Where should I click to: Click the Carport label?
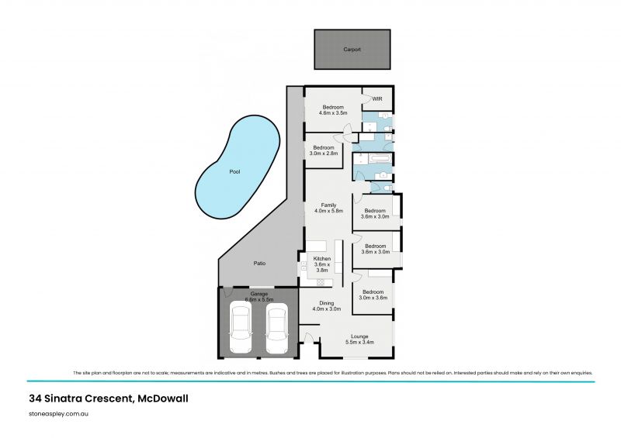click(352, 50)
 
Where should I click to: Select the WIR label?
click(377, 99)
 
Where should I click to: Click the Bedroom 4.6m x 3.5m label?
click(334, 110)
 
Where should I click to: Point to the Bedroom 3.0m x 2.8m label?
click(323, 150)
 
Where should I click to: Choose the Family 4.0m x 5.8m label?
click(328, 208)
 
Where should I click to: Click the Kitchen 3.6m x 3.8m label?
click(321, 265)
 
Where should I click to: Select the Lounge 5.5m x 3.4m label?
click(359, 339)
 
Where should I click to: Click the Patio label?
click(259, 264)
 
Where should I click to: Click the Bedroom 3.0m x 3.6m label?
click(373, 295)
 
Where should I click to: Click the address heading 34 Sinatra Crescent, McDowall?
click(108, 398)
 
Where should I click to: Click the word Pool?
click(234, 172)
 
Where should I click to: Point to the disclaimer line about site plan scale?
click(333, 373)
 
